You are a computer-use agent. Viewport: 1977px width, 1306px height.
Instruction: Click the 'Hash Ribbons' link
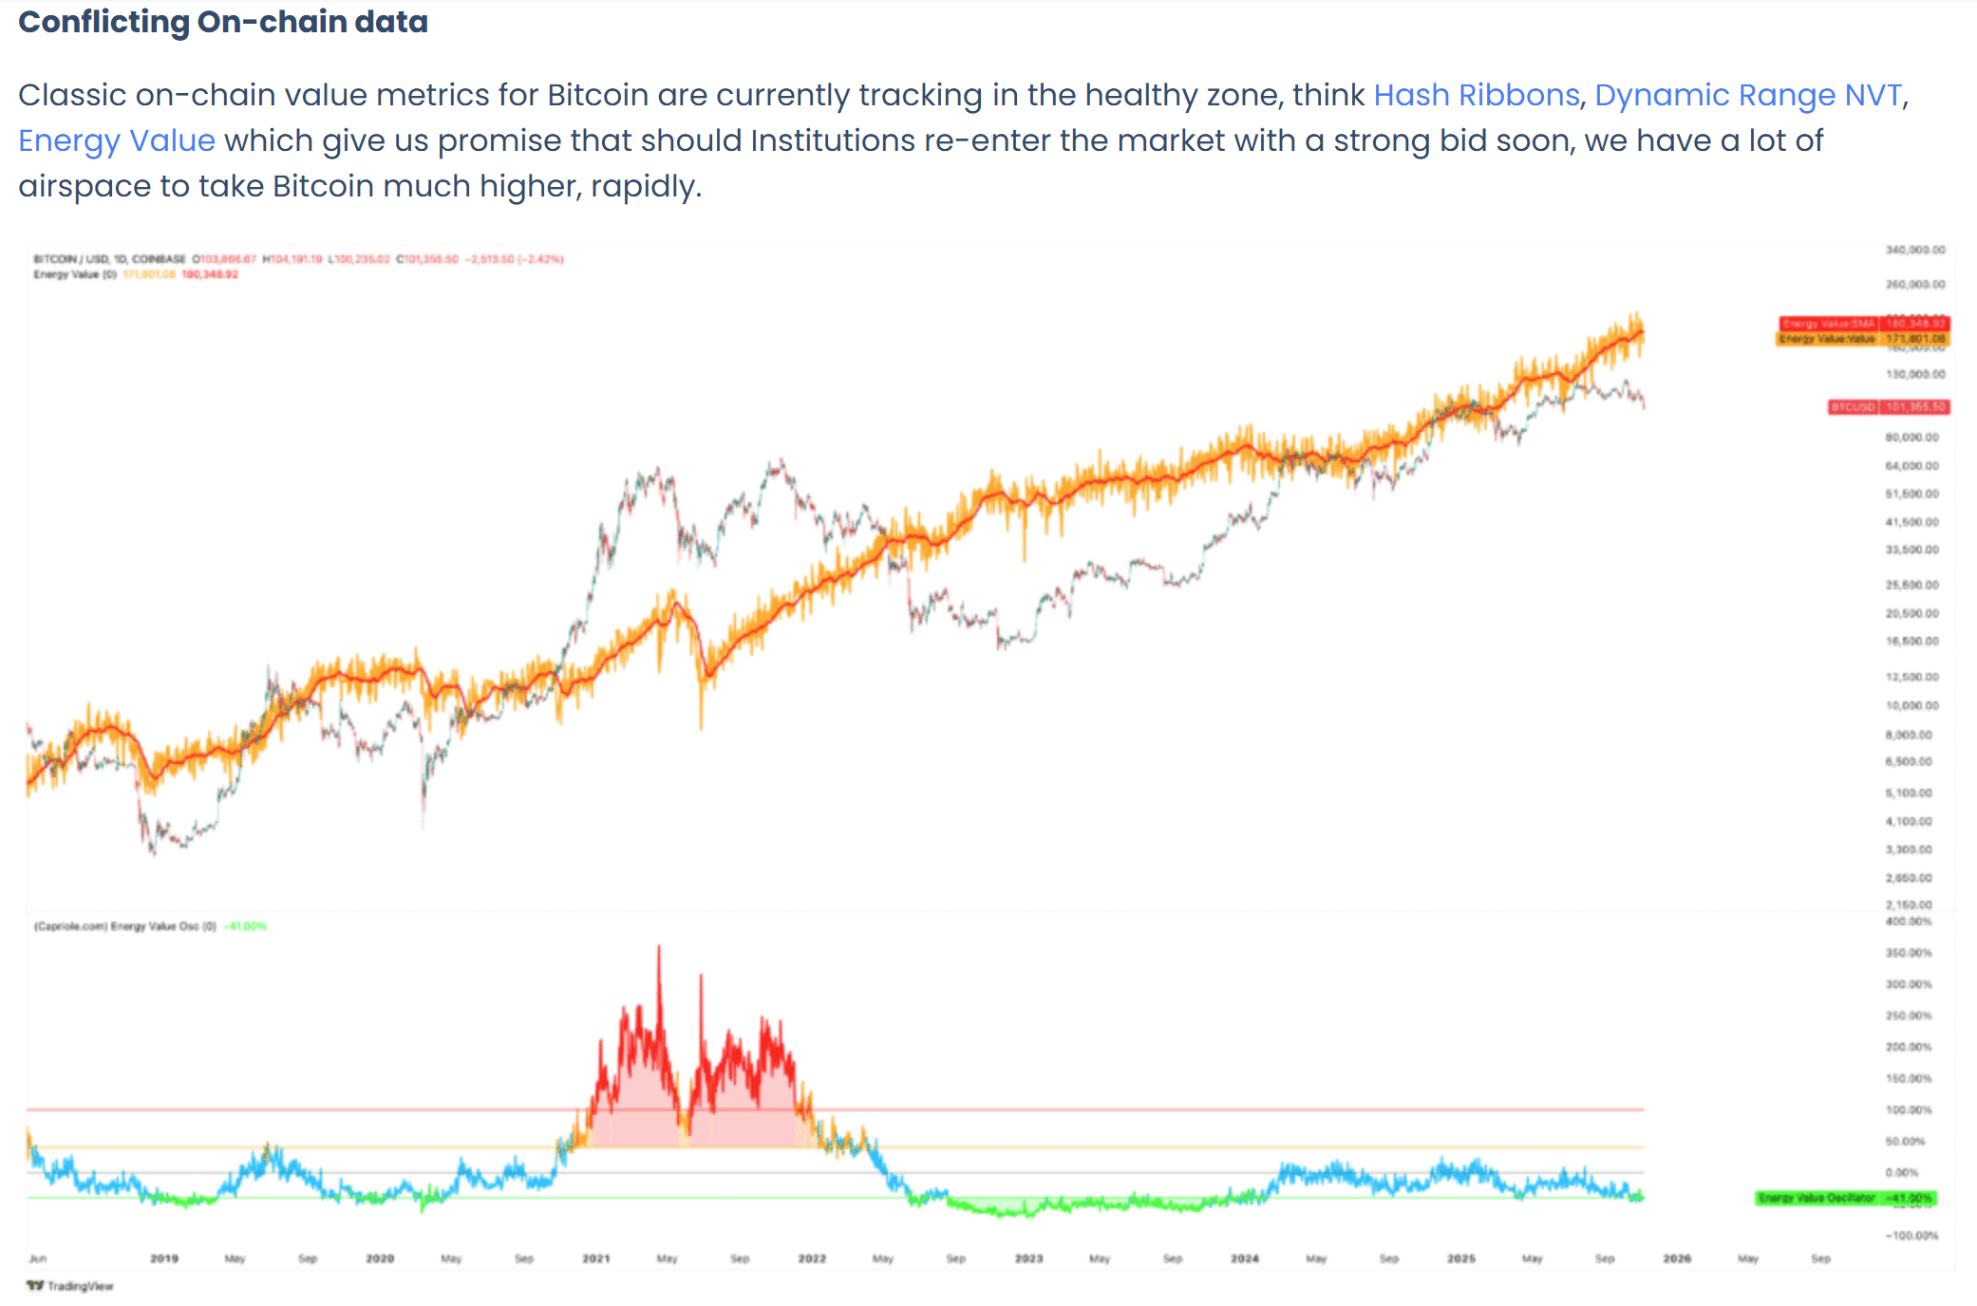(x=1476, y=96)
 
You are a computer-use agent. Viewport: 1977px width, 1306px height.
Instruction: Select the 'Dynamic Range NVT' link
(x=1748, y=96)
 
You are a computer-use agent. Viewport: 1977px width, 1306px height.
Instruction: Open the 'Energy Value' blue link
(x=117, y=141)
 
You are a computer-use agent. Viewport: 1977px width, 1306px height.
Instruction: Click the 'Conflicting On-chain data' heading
(x=223, y=22)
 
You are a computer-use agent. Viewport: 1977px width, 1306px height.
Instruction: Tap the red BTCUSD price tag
(x=1888, y=407)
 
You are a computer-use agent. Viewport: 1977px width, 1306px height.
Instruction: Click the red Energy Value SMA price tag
(x=1863, y=324)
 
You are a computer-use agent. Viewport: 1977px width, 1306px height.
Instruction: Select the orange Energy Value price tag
(x=1861, y=339)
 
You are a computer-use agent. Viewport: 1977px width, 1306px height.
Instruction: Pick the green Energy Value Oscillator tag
(x=1844, y=1198)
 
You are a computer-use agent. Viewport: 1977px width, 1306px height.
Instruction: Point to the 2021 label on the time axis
(x=596, y=1259)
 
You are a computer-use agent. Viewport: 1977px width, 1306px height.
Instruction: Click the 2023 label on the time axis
(x=1028, y=1259)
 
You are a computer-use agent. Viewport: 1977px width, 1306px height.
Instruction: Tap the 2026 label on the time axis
(x=1677, y=1259)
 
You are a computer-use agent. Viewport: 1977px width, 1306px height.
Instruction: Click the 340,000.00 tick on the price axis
(x=1915, y=250)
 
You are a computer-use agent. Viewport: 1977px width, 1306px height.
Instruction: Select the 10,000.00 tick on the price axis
(x=1912, y=705)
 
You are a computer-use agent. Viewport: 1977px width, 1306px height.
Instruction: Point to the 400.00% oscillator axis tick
(x=1909, y=922)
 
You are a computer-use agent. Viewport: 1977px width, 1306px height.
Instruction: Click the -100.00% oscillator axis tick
(x=1911, y=1235)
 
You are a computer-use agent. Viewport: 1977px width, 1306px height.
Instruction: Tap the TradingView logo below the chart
(x=70, y=1286)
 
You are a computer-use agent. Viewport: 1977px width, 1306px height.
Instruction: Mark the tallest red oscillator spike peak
(x=659, y=947)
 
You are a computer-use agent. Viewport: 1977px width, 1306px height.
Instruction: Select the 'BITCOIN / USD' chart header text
(x=70, y=259)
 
